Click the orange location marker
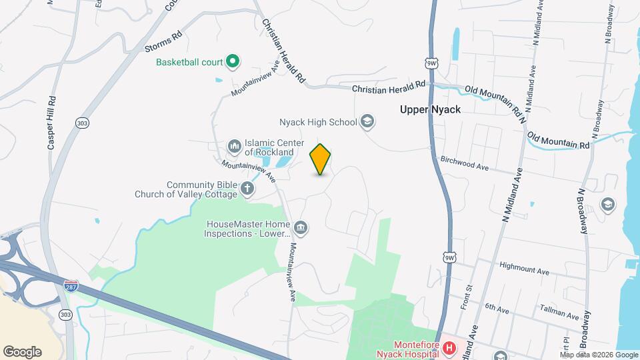point(321,159)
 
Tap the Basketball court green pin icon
point(233,63)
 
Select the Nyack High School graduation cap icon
point(367,122)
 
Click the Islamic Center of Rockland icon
point(234,145)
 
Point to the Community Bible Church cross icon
point(247,189)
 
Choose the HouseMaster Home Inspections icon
point(301,228)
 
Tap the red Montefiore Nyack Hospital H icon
point(449,348)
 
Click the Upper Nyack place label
point(431,109)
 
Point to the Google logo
point(22,352)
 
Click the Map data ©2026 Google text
point(599,355)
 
